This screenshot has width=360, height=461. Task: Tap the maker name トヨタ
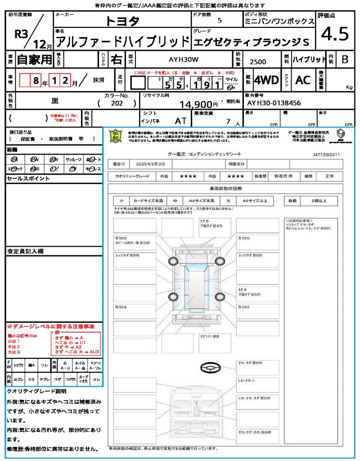123,21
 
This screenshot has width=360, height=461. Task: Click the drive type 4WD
266,80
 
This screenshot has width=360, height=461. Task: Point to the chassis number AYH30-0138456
274,103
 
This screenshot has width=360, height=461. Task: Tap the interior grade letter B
344,59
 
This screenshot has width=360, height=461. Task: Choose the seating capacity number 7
228,121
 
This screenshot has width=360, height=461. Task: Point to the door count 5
219,20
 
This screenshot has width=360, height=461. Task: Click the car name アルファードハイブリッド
121,41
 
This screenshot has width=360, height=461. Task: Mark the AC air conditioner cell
303,80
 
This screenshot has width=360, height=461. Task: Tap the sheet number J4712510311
326,154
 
